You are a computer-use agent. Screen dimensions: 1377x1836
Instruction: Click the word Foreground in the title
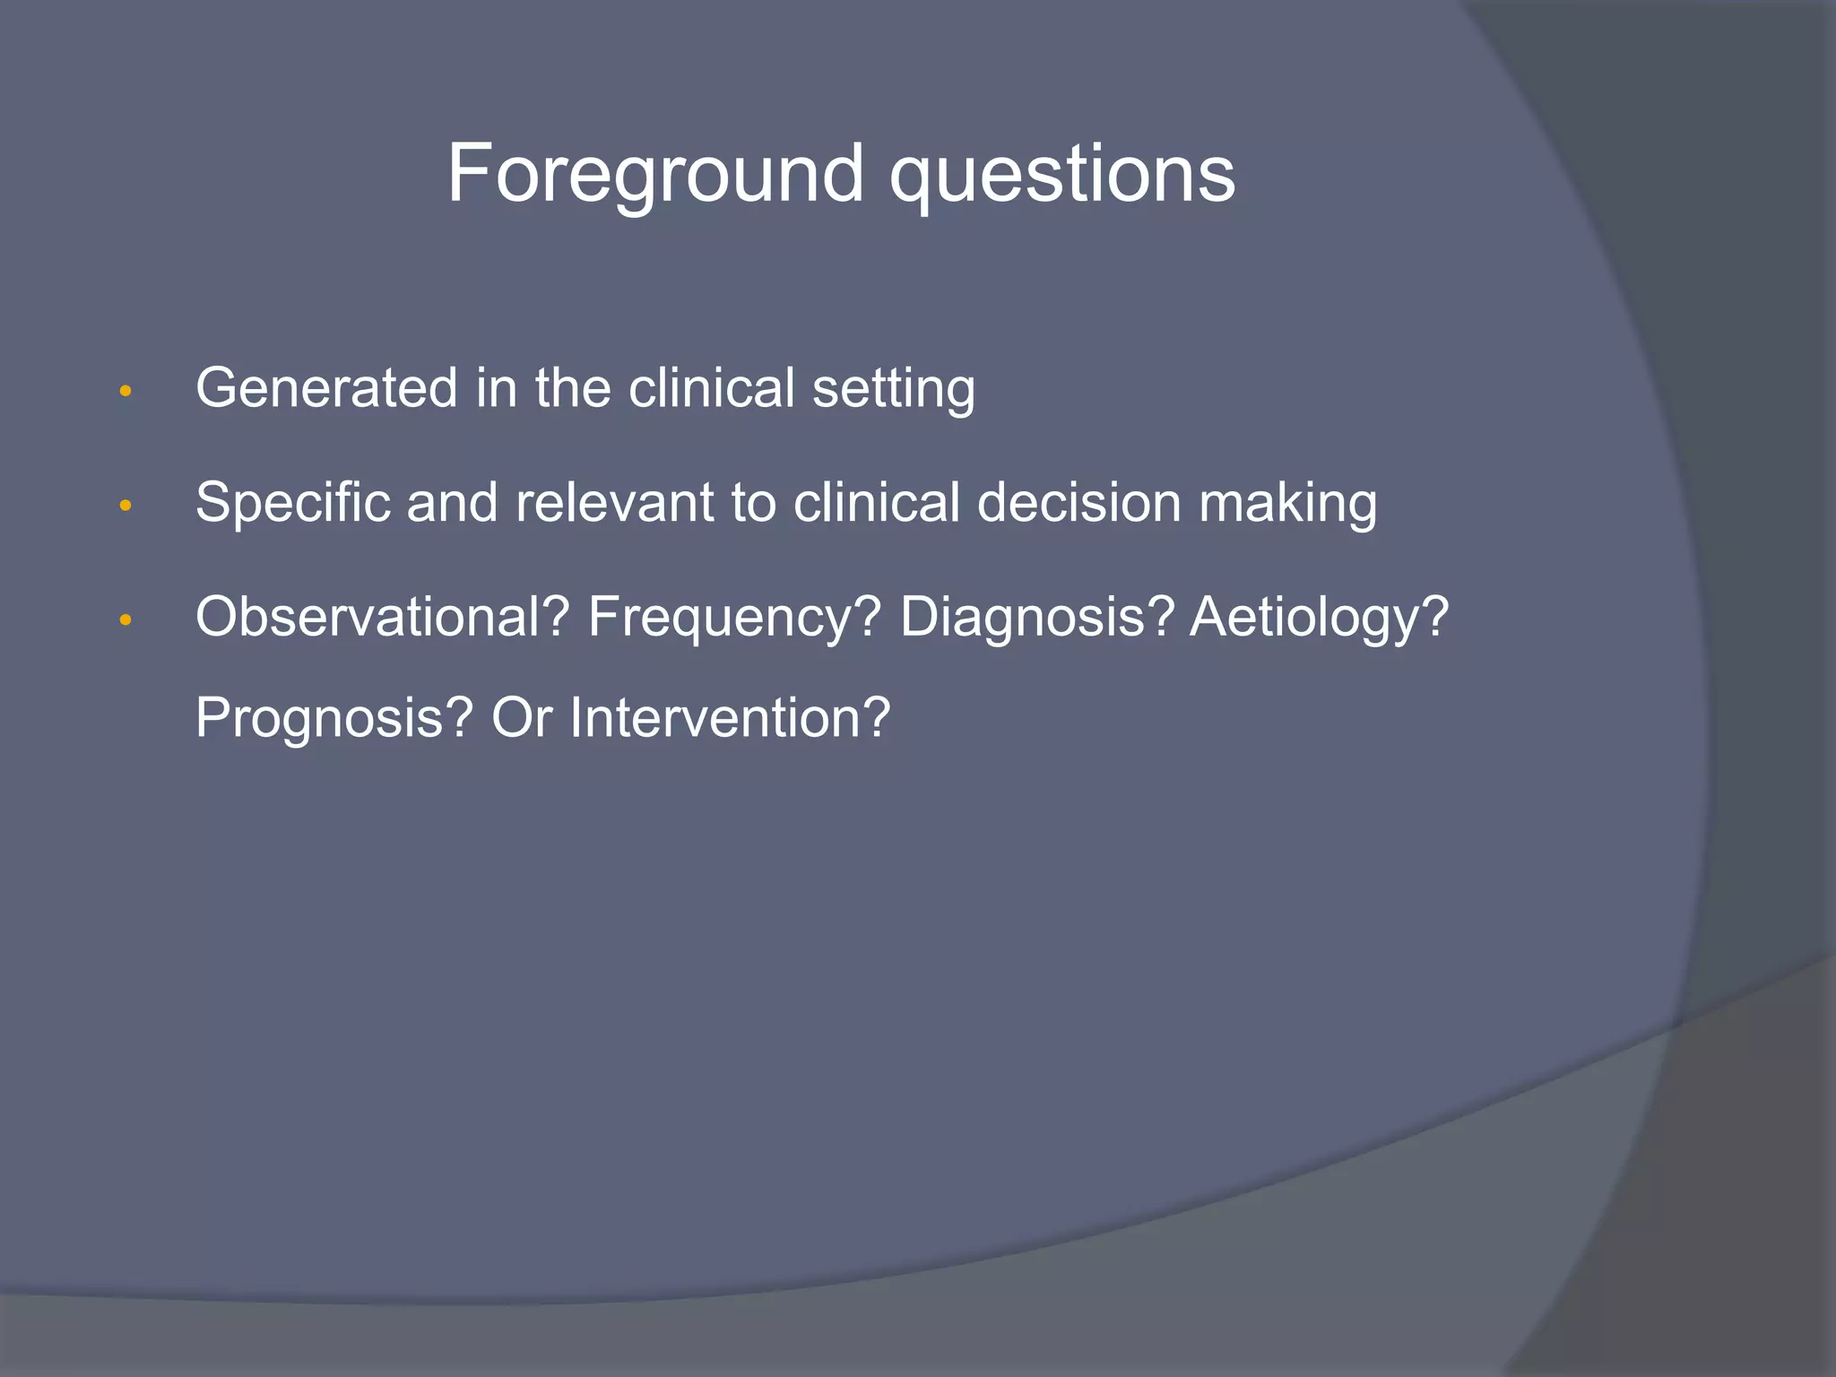pyautogui.click(x=655, y=174)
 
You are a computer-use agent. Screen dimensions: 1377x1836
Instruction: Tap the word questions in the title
pyautogui.click(x=1061, y=174)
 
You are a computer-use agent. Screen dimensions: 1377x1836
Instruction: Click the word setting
pyautogui.click(x=893, y=388)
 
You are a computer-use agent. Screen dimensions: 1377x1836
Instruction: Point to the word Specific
pyautogui.click(x=292, y=502)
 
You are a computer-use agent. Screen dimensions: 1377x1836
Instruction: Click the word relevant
pyautogui.click(x=614, y=502)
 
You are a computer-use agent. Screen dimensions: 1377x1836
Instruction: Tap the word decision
pyautogui.click(x=1078, y=502)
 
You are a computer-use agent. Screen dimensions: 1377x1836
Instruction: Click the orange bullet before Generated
pyautogui.click(x=126, y=392)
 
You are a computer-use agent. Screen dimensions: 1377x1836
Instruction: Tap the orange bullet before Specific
pyautogui.click(x=126, y=507)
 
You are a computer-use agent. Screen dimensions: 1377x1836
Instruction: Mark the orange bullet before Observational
pyautogui.click(x=126, y=620)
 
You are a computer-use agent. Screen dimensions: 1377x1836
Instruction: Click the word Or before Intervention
pyautogui.click(x=521, y=717)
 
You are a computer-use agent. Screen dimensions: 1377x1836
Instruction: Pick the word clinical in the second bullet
pyautogui.click(x=876, y=502)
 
